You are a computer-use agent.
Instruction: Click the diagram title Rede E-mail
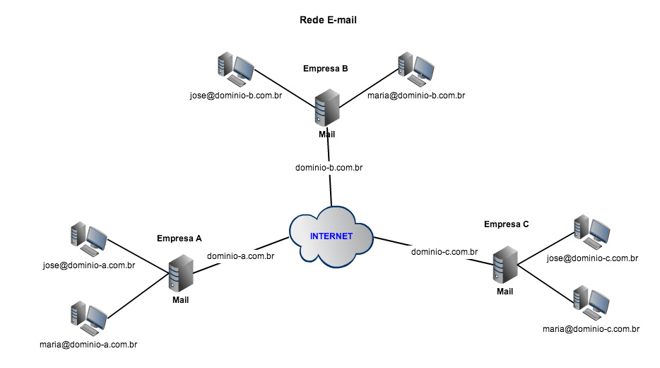(329, 21)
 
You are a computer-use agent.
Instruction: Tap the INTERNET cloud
(331, 236)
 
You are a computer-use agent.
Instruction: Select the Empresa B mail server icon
(326, 108)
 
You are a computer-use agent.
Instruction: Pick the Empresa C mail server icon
(505, 265)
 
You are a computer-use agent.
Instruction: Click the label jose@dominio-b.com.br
(236, 96)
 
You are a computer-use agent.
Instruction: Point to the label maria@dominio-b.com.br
(416, 96)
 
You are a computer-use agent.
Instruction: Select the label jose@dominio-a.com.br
(89, 265)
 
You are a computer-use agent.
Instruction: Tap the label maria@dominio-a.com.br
(88, 345)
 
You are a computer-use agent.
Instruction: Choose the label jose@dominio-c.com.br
(592, 259)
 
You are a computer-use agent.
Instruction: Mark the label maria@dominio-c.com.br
(591, 329)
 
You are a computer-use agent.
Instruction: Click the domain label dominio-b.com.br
(329, 168)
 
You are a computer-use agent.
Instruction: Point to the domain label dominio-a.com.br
(241, 256)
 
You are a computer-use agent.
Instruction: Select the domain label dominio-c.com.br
(444, 251)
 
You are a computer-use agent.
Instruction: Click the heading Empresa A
(179, 238)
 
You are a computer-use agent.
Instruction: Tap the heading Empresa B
(325, 69)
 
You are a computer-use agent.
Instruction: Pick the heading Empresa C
(506, 224)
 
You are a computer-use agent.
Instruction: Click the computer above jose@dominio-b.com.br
(235, 68)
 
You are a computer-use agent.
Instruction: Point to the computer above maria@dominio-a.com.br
(89, 318)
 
